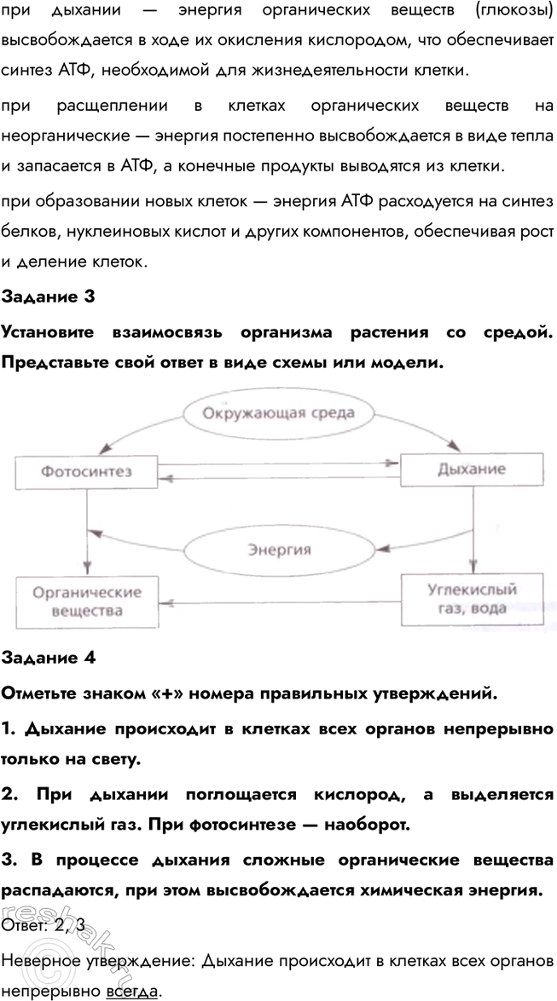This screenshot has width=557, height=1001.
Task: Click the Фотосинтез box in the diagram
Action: [x=87, y=470]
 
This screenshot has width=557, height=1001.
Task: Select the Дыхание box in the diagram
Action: [x=471, y=469]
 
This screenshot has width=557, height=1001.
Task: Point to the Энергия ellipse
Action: [x=279, y=549]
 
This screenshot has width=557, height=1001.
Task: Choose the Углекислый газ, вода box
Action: [x=472, y=598]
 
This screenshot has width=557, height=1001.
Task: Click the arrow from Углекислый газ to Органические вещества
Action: [x=282, y=599]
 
